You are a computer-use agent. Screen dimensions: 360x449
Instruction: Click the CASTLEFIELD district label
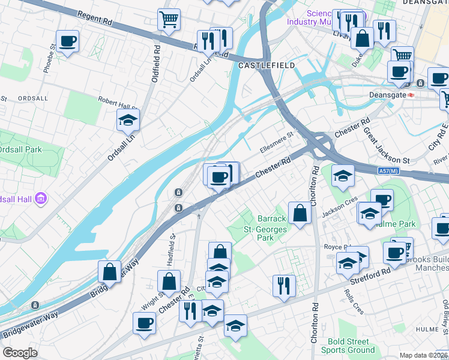point(267,65)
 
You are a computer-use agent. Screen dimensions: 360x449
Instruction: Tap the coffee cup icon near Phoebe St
point(68,41)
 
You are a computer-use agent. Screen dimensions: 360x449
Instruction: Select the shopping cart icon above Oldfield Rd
point(169,19)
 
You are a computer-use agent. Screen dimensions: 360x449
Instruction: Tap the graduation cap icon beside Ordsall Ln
point(128,120)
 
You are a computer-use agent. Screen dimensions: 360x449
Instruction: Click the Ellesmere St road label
point(276,140)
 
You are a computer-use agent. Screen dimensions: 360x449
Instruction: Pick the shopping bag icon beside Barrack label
point(300,212)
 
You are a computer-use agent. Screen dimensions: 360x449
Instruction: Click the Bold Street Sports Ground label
point(348,346)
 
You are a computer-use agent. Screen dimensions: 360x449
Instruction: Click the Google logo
point(20,353)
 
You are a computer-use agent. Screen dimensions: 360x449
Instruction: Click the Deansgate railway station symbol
point(412,94)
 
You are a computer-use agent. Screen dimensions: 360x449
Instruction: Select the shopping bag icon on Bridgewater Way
point(110,272)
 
